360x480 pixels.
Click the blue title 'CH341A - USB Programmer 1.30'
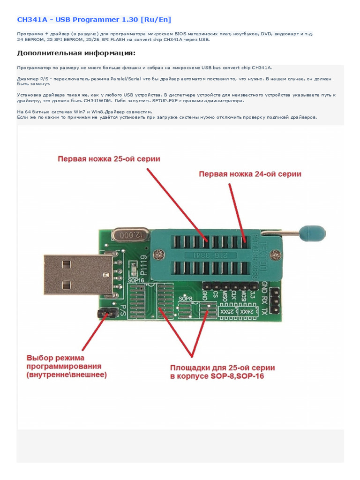click(x=94, y=19)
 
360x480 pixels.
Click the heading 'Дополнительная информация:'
click(x=76, y=52)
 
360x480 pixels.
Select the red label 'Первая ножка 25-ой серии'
click(x=109, y=159)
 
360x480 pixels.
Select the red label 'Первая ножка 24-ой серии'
click(x=250, y=174)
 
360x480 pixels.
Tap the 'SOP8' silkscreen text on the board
click(x=186, y=298)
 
